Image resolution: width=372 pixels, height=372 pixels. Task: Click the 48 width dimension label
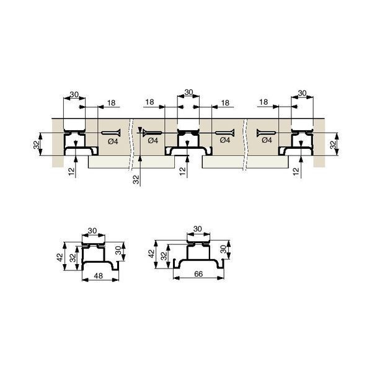tap(99, 276)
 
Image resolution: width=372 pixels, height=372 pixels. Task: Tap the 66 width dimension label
tap(198, 274)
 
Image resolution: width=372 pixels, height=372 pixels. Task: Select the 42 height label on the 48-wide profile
tap(60, 257)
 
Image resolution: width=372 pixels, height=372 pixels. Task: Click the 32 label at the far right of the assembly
tap(333, 144)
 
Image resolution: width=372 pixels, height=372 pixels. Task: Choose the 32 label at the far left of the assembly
tap(37, 144)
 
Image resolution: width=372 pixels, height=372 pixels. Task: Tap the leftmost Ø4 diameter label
tap(113, 141)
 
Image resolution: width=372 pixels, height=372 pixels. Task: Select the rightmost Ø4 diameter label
tap(267, 140)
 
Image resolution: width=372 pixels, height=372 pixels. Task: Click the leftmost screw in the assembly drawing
tap(111, 133)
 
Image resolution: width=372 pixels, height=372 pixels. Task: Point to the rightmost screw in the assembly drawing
tap(266, 133)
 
